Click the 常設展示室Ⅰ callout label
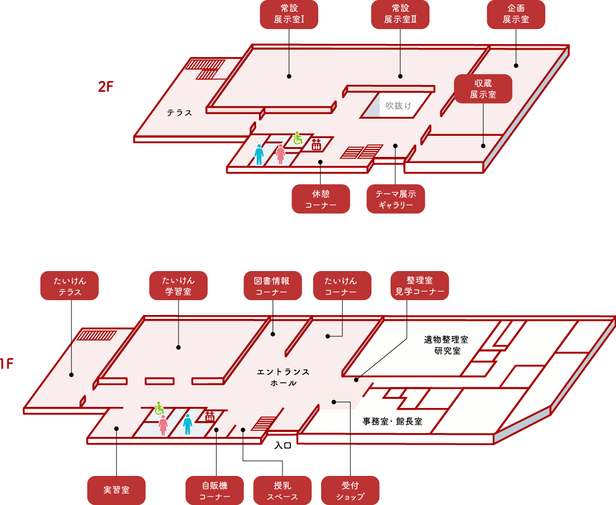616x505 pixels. point(289,14)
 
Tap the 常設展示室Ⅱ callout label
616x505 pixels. point(400,14)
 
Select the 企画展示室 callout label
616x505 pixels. point(516,14)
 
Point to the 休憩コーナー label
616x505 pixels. point(321,199)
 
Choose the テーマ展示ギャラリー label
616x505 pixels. point(396,199)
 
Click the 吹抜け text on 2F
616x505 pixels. point(398,106)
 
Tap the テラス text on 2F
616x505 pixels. point(180,113)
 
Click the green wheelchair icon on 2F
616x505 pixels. point(297,138)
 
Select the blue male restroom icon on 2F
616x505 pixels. point(260,155)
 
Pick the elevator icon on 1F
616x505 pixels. point(210,416)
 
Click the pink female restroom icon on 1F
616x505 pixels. point(163,425)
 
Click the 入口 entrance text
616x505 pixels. point(283,445)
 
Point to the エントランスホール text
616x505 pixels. point(283,377)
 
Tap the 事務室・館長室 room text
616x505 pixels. point(392,422)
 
